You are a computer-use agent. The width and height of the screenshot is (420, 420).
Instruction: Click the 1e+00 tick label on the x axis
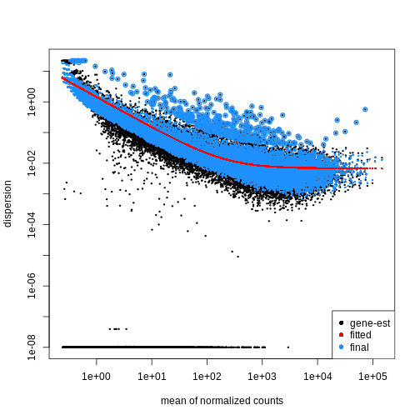[x=97, y=376]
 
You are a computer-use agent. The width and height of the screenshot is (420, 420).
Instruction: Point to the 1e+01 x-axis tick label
[x=152, y=376]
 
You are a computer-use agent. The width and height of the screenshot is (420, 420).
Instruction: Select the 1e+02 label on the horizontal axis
[x=207, y=376]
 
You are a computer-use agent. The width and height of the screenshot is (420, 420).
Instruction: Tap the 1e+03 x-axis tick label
[x=262, y=376]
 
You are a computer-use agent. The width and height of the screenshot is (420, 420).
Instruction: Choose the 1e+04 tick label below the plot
[x=317, y=376]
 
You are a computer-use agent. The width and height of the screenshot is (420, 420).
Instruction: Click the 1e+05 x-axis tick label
[x=372, y=376]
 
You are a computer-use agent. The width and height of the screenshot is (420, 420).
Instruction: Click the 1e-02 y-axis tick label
[x=30, y=162]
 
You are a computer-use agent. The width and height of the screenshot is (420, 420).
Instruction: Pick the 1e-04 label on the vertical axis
[x=30, y=224]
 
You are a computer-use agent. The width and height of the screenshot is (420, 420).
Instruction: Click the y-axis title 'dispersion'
[x=8, y=202]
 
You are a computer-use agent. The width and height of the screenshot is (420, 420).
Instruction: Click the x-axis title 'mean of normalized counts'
[x=222, y=401]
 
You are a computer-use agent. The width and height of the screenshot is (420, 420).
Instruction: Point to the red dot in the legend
[x=341, y=334]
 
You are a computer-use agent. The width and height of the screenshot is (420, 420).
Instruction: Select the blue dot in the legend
[x=341, y=347]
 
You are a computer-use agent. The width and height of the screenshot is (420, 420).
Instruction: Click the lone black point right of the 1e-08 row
[x=288, y=347]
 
